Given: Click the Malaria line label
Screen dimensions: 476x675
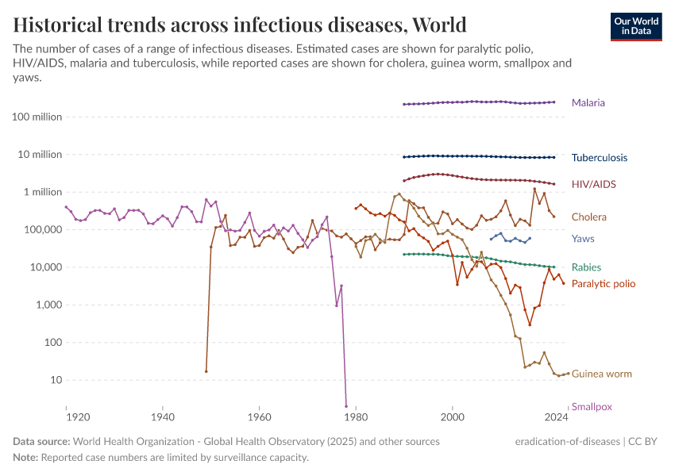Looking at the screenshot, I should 588,103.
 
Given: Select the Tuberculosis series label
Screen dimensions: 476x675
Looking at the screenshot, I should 599,158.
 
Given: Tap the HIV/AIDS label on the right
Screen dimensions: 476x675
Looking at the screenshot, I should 593,184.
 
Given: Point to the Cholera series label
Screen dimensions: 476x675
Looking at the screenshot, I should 588,217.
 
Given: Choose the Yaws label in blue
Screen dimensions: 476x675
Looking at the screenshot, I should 583,239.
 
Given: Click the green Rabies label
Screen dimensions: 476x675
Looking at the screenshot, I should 586,267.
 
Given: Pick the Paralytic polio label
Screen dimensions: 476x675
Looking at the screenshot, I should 603,283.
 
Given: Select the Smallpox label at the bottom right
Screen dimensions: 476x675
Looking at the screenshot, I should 592,407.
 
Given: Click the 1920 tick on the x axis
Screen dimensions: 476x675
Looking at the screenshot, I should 76,416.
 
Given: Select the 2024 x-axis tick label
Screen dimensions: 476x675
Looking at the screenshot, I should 556,416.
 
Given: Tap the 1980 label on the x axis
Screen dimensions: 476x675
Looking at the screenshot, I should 356,416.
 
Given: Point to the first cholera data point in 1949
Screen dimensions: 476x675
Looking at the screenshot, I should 206,370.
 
